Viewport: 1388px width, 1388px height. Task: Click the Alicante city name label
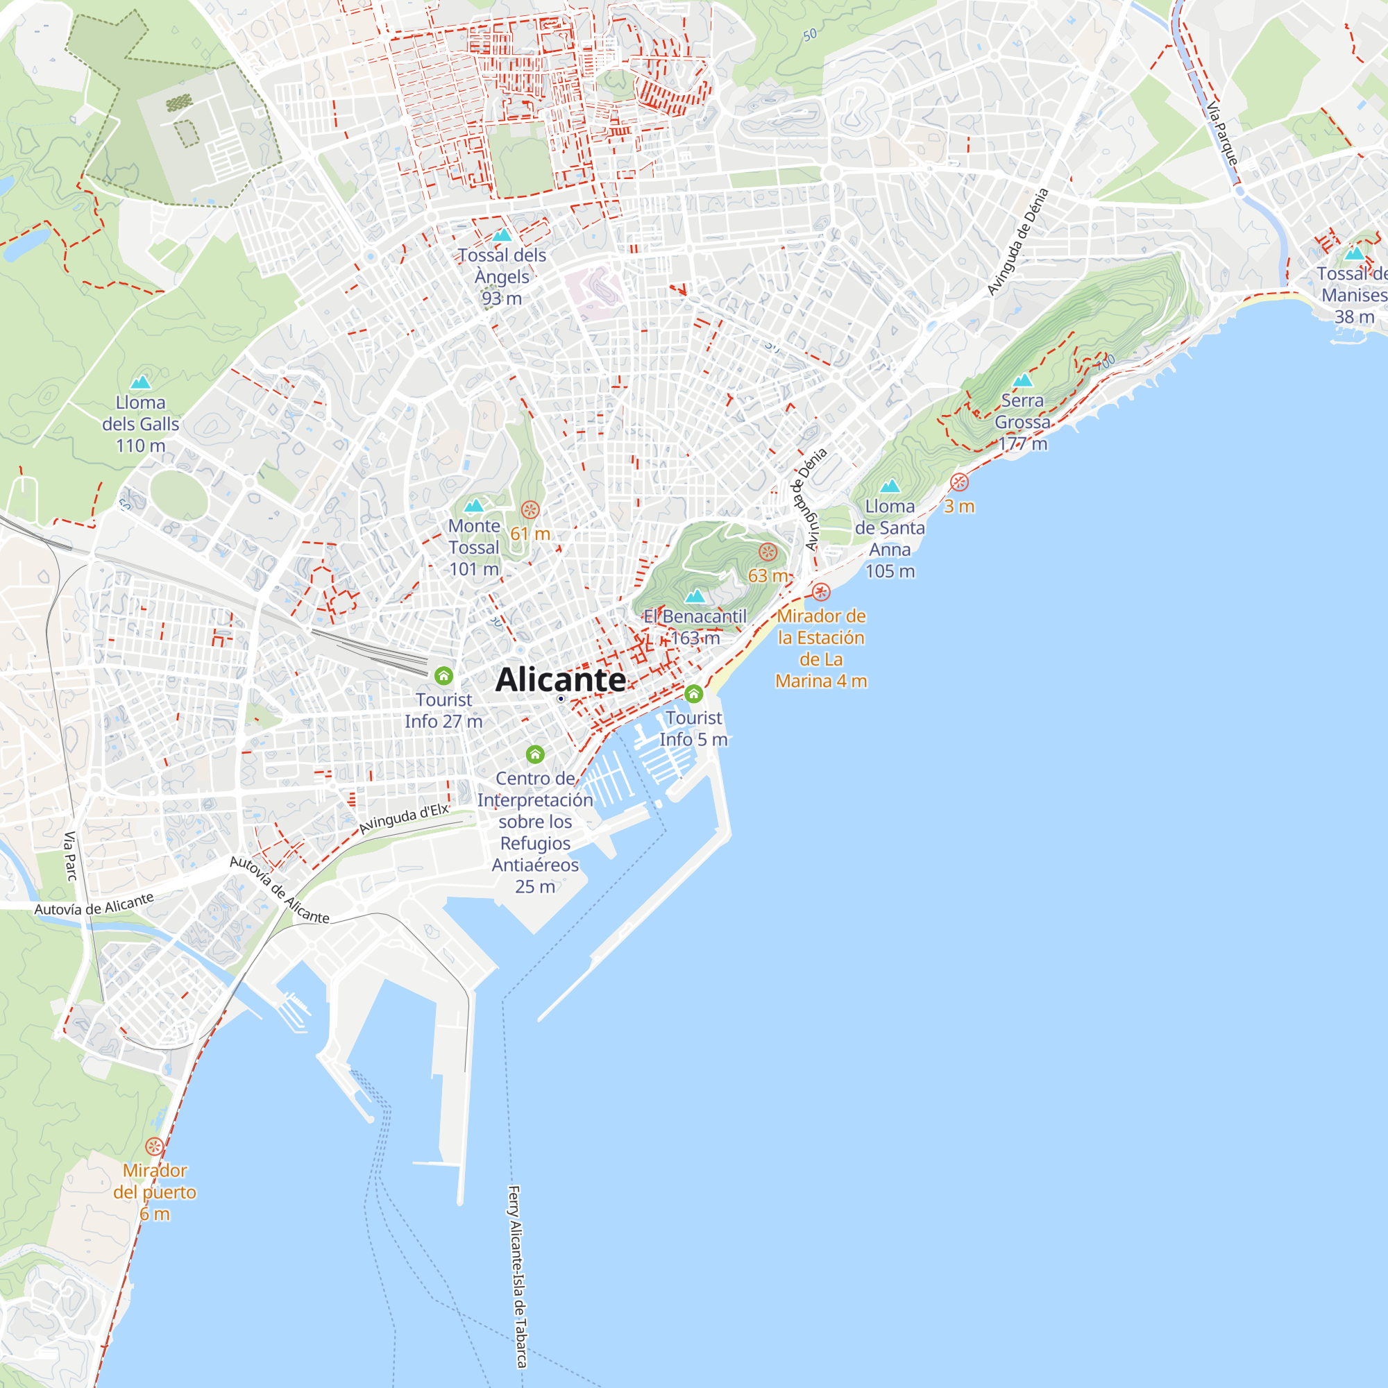pyautogui.click(x=560, y=679)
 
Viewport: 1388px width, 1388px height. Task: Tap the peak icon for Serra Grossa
pyautogui.click(x=1022, y=380)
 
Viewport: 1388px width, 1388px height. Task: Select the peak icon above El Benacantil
pyautogui.click(x=695, y=596)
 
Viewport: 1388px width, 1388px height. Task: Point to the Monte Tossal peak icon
pyautogui.click(x=473, y=506)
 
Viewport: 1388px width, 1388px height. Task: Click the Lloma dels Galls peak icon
pyautogui.click(x=141, y=382)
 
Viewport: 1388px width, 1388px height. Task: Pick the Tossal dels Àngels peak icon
pyautogui.click(x=502, y=235)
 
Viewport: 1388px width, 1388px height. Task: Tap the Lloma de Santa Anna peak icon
pyautogui.click(x=890, y=486)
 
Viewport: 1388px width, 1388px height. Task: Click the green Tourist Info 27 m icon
pyautogui.click(x=444, y=676)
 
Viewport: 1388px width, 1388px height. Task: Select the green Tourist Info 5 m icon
pyautogui.click(x=693, y=694)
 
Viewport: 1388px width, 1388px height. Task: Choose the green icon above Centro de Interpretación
pyautogui.click(x=535, y=754)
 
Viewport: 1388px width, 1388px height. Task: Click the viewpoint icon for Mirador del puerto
pyautogui.click(x=154, y=1146)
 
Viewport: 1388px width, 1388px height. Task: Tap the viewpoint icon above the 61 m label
pyautogui.click(x=530, y=510)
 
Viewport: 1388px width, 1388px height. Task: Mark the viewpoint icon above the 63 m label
pyautogui.click(x=768, y=552)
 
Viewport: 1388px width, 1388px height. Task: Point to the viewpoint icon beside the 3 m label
pyautogui.click(x=959, y=482)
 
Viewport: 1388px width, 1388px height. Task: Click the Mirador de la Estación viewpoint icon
pyautogui.click(x=821, y=592)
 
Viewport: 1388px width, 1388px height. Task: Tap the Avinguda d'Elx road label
pyautogui.click(x=404, y=819)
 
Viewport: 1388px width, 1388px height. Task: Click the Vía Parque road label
pyautogui.click(x=1222, y=135)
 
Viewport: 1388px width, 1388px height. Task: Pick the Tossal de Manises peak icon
pyautogui.click(x=1354, y=253)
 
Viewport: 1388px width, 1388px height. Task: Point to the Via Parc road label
pyautogui.click(x=70, y=856)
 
